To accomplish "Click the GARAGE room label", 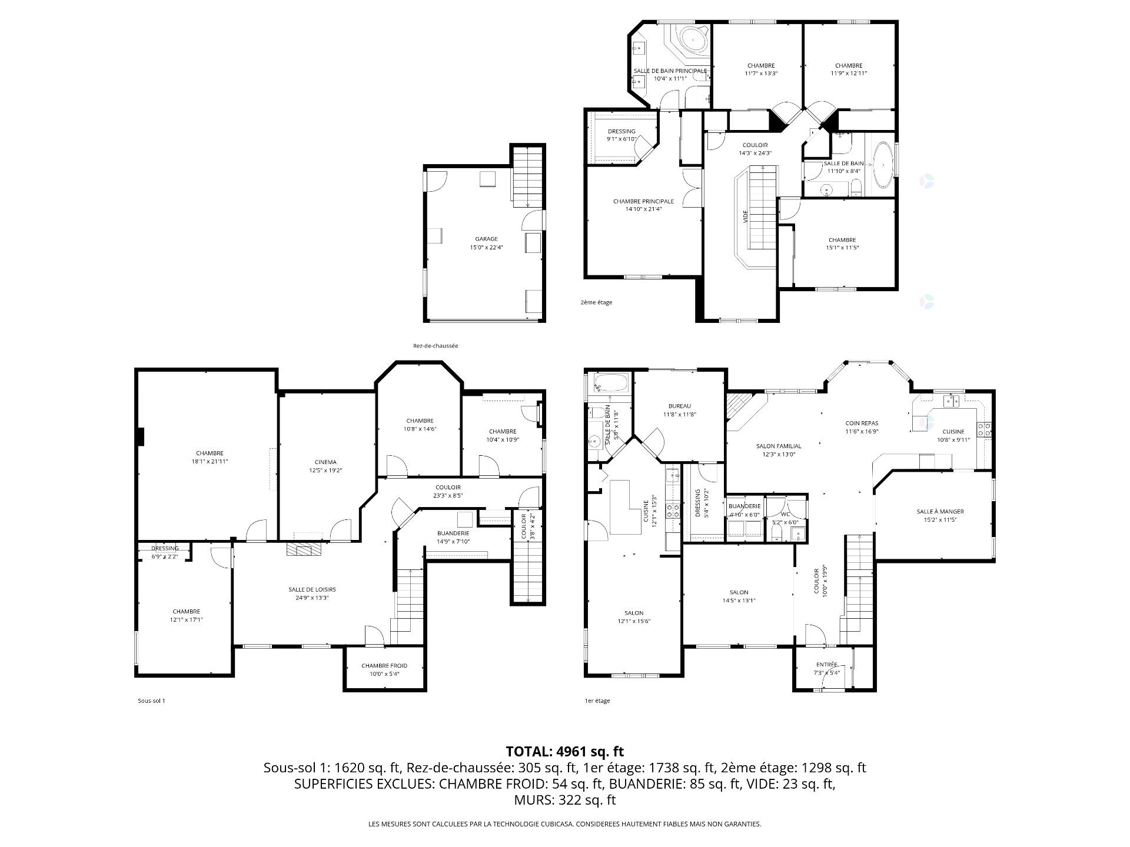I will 486,239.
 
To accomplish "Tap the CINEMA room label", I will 325,462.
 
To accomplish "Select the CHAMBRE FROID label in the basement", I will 384,665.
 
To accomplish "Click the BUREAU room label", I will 679,406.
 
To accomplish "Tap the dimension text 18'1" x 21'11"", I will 210,461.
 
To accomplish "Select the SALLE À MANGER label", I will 940,511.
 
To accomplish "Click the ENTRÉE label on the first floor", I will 826,665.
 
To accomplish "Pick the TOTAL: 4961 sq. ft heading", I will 564,751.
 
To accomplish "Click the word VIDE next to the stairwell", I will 745,216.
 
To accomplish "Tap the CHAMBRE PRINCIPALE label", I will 643,201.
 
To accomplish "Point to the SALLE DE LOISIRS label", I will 312,589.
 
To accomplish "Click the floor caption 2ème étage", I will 596,302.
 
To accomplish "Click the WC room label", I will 785,506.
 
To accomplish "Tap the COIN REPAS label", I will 862,423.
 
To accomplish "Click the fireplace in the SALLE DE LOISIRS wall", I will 304,549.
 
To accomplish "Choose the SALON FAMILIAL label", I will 779,446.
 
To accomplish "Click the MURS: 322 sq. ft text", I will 564,800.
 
